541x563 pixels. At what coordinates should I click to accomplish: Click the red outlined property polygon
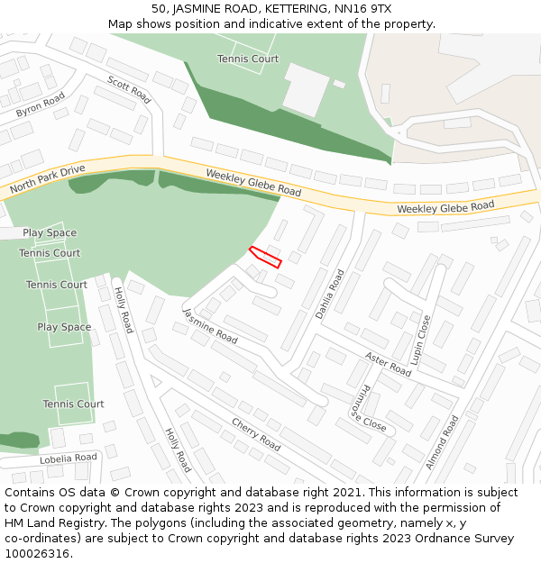tap(266, 257)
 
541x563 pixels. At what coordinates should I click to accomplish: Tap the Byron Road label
tap(41, 105)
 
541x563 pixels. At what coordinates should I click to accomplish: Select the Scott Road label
tap(129, 89)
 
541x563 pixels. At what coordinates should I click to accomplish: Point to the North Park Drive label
tap(47, 179)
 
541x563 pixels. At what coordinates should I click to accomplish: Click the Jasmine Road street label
tap(210, 326)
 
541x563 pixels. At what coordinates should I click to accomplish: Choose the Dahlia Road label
tap(330, 294)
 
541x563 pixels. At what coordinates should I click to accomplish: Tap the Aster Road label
tap(389, 364)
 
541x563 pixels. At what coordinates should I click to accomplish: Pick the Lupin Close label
tap(420, 340)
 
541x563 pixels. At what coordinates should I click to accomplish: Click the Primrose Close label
tap(368, 408)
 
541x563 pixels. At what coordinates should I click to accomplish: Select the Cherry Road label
tap(256, 433)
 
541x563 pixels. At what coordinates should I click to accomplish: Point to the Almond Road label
tap(442, 442)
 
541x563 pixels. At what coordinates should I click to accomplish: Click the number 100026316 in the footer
tap(36, 553)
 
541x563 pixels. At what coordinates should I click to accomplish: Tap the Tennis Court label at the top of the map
tap(248, 59)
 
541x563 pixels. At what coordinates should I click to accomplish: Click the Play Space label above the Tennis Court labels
tap(50, 232)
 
